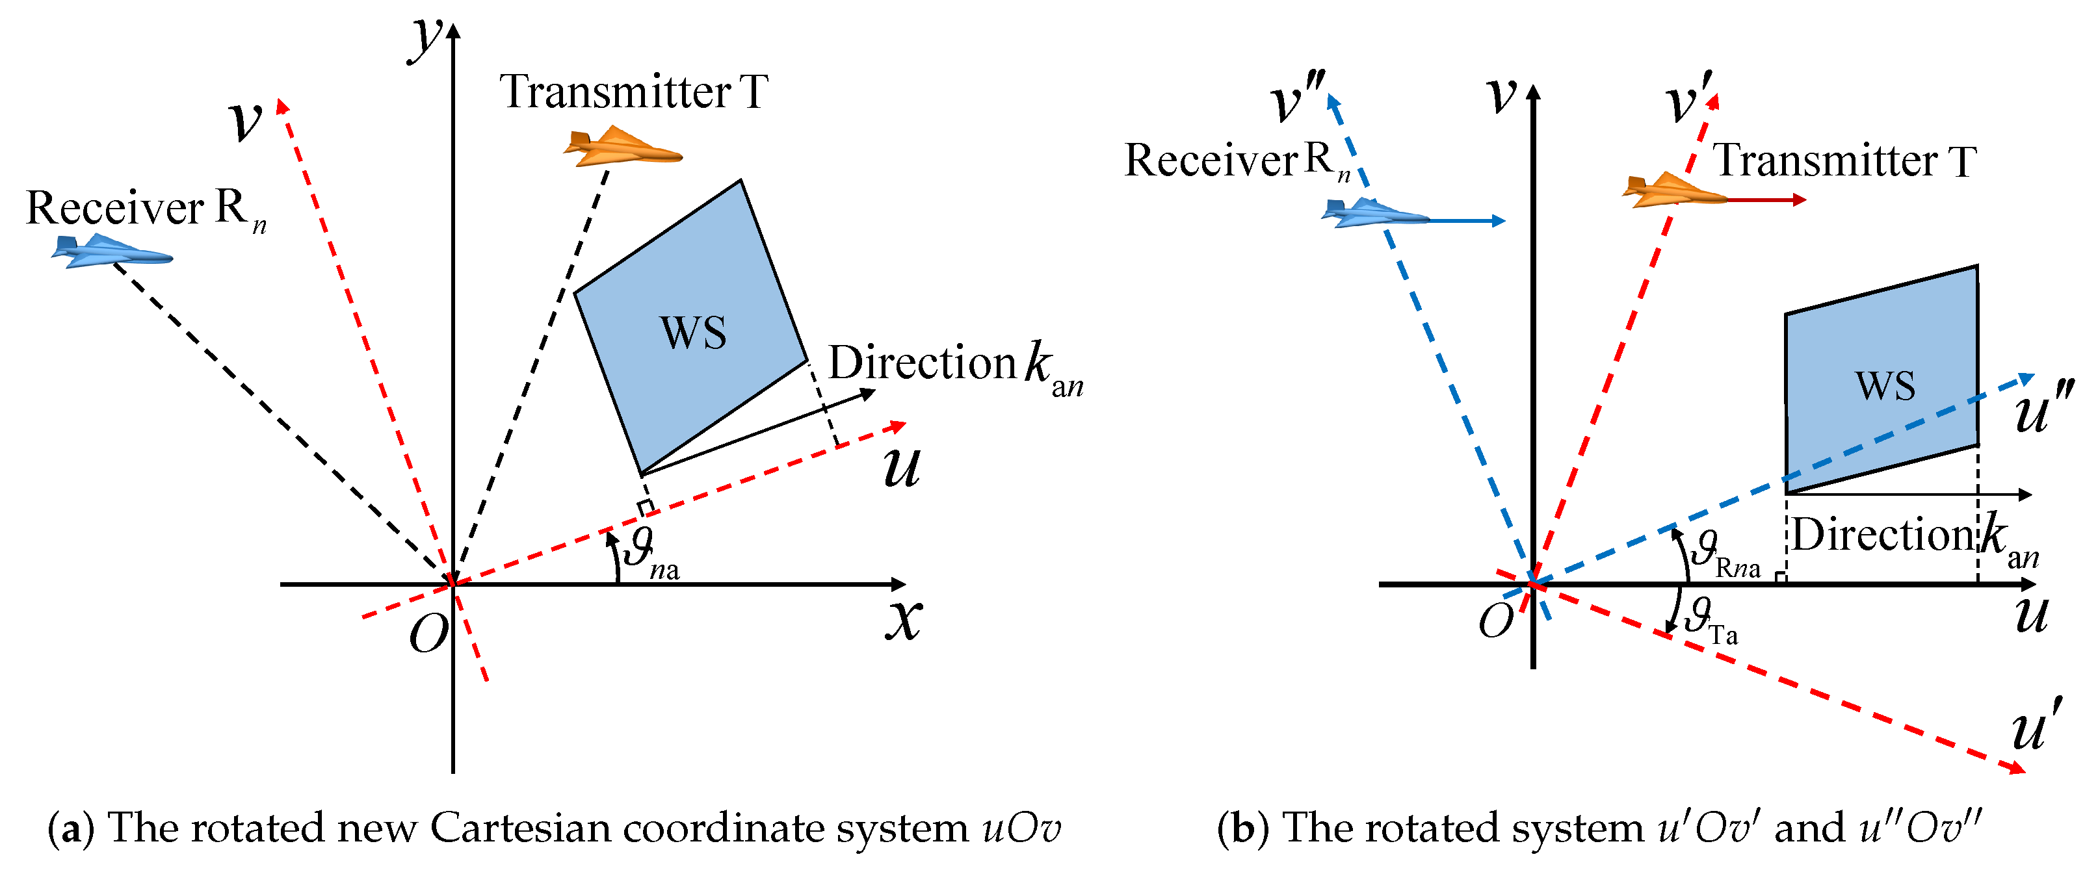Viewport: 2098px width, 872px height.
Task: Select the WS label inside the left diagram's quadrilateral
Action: (x=692, y=333)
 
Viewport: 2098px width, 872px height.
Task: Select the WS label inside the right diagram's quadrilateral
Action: (x=1885, y=386)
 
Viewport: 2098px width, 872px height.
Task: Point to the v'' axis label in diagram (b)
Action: (x=1296, y=97)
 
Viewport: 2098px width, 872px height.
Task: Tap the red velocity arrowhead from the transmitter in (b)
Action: (x=1800, y=199)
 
